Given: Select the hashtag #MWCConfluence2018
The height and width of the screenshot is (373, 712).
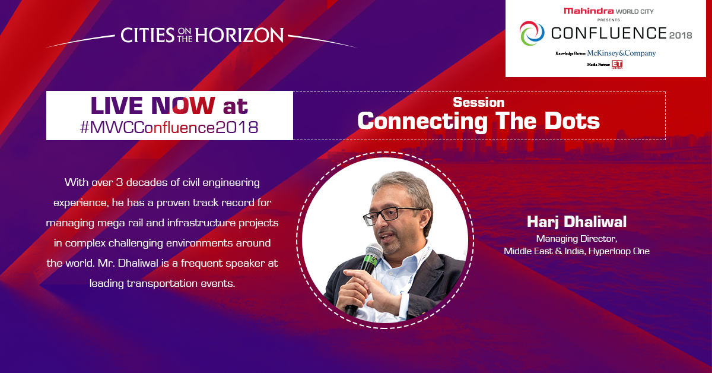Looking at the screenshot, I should coord(169,127).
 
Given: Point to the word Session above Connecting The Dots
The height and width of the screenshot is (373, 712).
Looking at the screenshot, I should coord(478,102).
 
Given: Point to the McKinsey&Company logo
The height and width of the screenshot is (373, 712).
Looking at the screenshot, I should coord(621,53).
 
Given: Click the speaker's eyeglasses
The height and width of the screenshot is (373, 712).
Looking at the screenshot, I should coord(392,213).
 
